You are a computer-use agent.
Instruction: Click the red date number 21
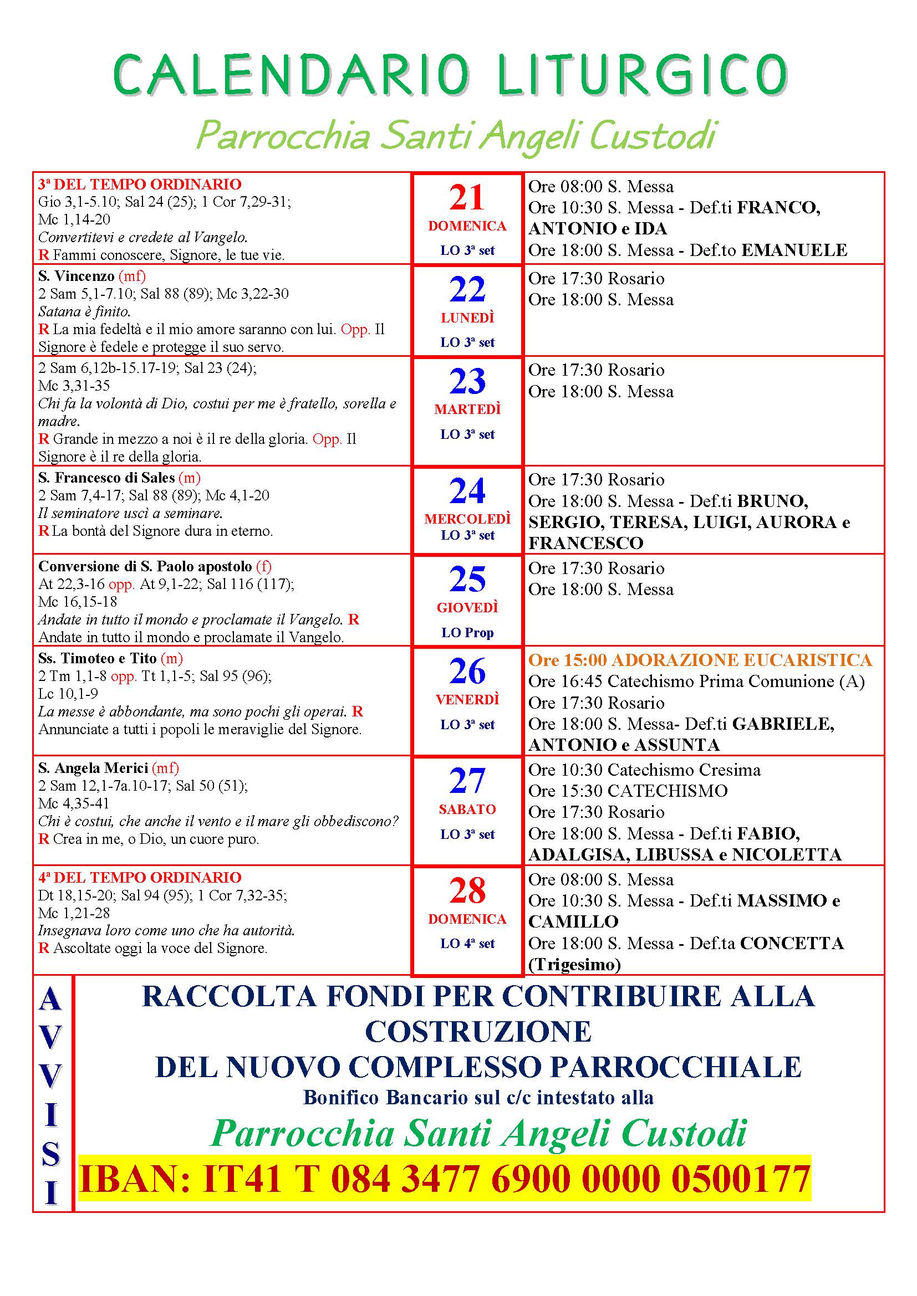pyautogui.click(x=467, y=198)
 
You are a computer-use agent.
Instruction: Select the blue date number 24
pyautogui.click(x=467, y=490)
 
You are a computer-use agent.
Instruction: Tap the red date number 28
pyautogui.click(x=467, y=890)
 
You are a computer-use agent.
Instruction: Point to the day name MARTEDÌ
pyautogui.click(x=467, y=409)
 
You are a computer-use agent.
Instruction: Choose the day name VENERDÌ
pyautogui.click(x=467, y=700)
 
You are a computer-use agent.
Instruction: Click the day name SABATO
pyautogui.click(x=467, y=809)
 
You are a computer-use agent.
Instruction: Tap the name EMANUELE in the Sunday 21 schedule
pyautogui.click(x=793, y=250)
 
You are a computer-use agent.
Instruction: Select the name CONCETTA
pyautogui.click(x=792, y=943)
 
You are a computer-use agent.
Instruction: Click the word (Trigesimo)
pyautogui.click(x=574, y=965)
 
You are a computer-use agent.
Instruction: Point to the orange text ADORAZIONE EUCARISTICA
pyautogui.click(x=742, y=660)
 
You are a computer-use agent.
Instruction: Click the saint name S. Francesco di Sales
pyautogui.click(x=106, y=478)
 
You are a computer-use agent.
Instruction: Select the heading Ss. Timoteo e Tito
pyautogui.click(x=97, y=658)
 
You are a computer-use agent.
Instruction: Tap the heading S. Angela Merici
pyautogui.click(x=93, y=767)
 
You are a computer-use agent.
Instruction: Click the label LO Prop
pyautogui.click(x=467, y=633)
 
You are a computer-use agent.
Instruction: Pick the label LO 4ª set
pyautogui.click(x=467, y=943)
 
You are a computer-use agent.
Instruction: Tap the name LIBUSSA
pyautogui.click(x=674, y=854)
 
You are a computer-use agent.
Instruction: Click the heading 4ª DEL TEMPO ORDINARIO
pyautogui.click(x=140, y=877)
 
